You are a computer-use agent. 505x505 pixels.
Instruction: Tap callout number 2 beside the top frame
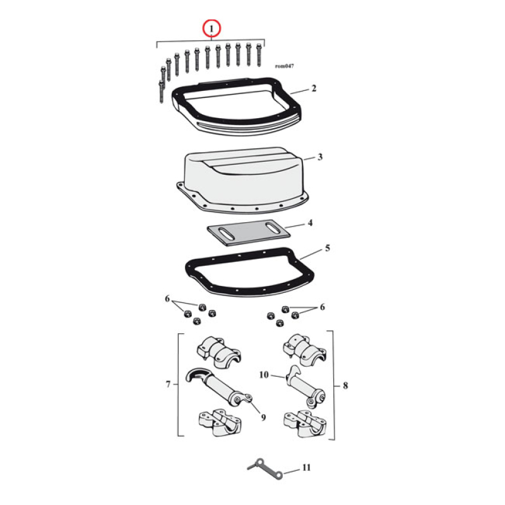(x=313, y=89)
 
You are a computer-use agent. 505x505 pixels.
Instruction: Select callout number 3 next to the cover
(x=320, y=157)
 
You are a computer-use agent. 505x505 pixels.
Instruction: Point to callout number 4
(x=309, y=223)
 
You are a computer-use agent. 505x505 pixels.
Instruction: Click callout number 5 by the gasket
(x=327, y=248)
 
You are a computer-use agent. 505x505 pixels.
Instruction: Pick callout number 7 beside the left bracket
(x=169, y=384)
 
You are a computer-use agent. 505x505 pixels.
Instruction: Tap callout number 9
(x=263, y=417)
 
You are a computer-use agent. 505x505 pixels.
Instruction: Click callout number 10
(x=264, y=374)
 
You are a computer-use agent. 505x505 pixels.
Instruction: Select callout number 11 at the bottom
(x=306, y=468)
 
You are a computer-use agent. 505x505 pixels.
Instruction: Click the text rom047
(x=284, y=66)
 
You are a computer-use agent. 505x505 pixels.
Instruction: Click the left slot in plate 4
(x=227, y=234)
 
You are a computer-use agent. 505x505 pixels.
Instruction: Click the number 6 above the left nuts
(x=167, y=298)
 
